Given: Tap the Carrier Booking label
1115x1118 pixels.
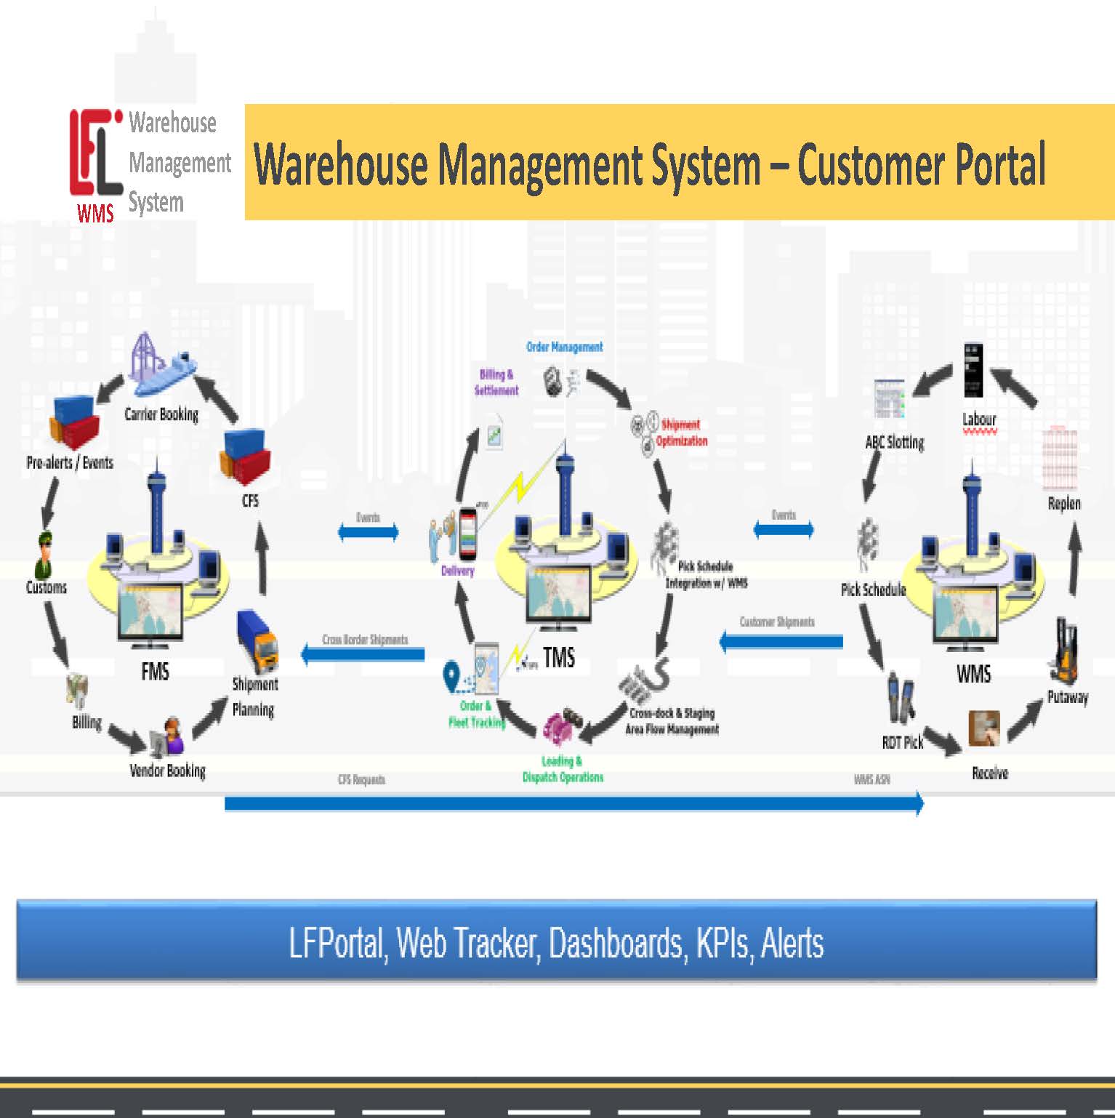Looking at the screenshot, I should click(x=161, y=414).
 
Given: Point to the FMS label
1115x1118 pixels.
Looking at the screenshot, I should click(x=155, y=671).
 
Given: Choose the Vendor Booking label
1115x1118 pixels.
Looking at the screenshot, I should click(x=167, y=771).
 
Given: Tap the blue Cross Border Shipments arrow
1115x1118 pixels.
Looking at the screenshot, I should click(x=363, y=654).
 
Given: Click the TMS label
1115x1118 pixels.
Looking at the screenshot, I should click(x=558, y=658).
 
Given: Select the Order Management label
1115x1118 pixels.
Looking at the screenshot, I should click(x=565, y=347).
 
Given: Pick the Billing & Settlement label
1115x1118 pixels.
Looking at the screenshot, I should click(x=496, y=382).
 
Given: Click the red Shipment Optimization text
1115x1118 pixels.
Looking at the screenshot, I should click(x=681, y=433).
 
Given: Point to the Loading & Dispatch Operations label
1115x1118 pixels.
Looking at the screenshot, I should click(x=563, y=769).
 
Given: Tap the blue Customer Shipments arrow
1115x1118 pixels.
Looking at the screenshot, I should click(x=781, y=641).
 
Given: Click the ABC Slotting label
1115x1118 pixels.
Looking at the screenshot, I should click(x=895, y=442).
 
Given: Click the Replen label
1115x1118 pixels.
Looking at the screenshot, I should click(x=1064, y=503).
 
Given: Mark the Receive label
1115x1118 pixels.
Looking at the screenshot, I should click(x=990, y=773).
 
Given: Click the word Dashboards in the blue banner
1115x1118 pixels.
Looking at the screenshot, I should click(x=615, y=943).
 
